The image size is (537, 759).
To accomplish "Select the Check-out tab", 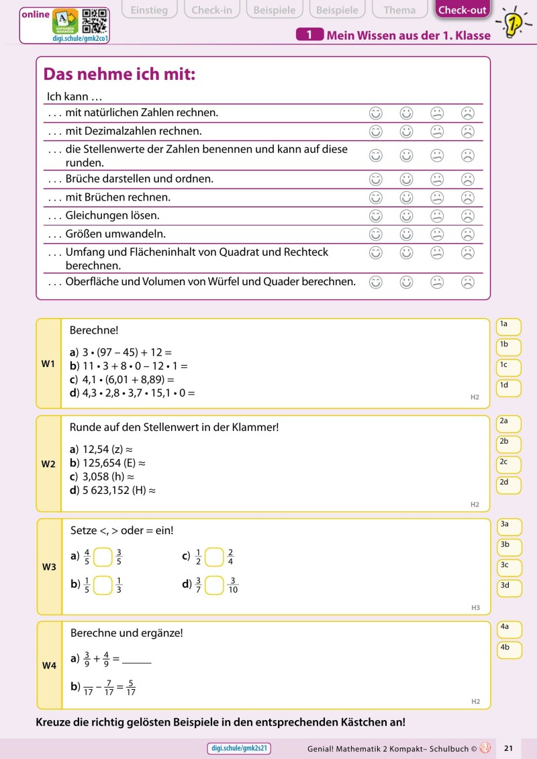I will (x=462, y=9).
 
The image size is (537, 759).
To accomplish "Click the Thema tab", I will (x=399, y=9).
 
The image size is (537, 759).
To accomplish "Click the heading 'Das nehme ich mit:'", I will (x=119, y=74).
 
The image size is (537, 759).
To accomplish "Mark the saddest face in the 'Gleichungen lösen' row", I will (x=468, y=215).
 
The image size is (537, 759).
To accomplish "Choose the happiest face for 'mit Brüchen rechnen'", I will (x=376, y=197).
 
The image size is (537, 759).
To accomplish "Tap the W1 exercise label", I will (x=48, y=364).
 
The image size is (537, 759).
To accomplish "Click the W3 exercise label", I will (x=49, y=567).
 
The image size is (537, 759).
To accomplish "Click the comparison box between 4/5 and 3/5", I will (x=103, y=557).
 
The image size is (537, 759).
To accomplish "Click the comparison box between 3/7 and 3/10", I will (x=214, y=585).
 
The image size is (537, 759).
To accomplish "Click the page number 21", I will (x=508, y=748).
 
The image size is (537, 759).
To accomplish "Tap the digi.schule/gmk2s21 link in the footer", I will (x=240, y=748).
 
